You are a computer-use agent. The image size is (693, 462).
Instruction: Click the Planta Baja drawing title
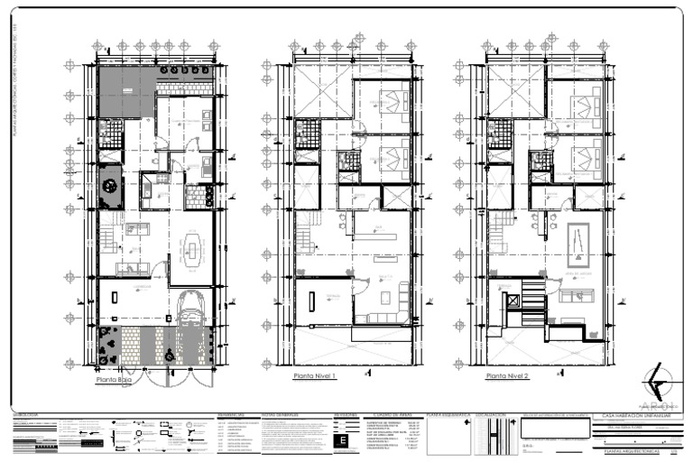[115, 380]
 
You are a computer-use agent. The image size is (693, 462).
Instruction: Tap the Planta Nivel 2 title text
[507, 376]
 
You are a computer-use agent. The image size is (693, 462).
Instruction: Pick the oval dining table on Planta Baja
[192, 250]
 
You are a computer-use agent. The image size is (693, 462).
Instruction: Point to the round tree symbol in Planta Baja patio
[110, 187]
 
